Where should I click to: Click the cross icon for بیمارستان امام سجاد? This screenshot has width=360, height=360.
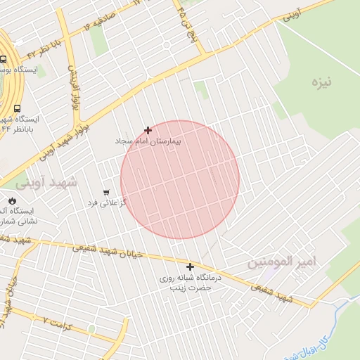point(148,130)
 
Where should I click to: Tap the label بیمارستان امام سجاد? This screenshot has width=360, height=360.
point(149,141)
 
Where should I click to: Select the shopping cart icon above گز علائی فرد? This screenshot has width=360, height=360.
point(106,192)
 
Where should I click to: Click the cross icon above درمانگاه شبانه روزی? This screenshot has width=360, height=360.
point(190,266)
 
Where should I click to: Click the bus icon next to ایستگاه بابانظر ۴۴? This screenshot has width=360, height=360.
point(16,108)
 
